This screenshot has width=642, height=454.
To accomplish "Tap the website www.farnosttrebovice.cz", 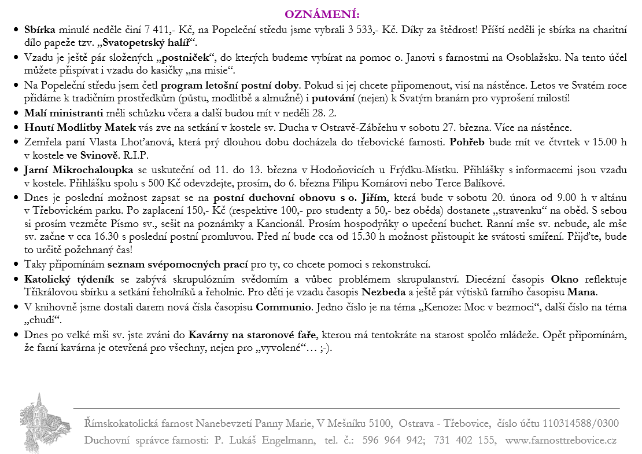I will click(x=560, y=440).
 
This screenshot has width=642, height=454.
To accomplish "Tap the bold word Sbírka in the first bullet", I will click(x=40, y=30).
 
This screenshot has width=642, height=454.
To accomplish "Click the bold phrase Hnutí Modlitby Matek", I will click(x=80, y=127).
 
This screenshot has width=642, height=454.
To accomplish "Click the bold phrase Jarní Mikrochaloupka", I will click(x=78, y=170).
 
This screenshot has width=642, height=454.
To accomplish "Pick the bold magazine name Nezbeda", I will click(x=381, y=292).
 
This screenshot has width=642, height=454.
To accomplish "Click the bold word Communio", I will click(x=282, y=306).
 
